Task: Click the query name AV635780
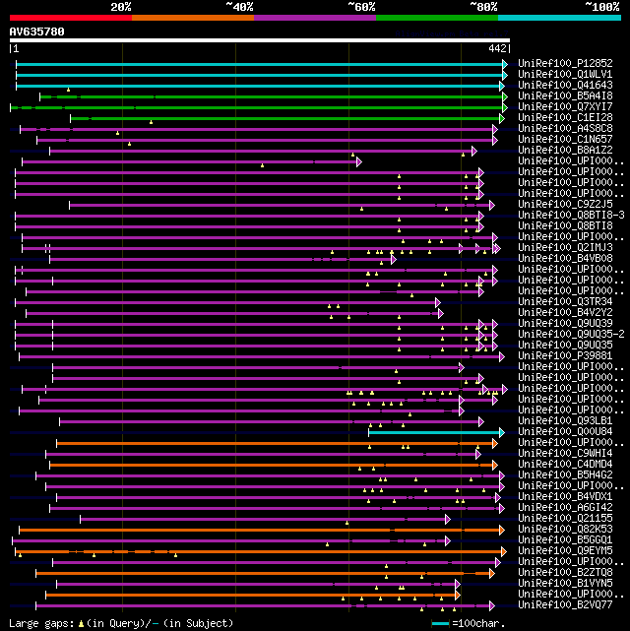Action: click(37, 32)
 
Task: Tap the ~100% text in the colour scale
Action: click(601, 6)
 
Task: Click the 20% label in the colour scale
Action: click(121, 6)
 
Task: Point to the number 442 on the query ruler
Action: click(497, 48)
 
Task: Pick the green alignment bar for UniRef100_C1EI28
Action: click(285, 118)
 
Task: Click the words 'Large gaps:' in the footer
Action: click(38, 623)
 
